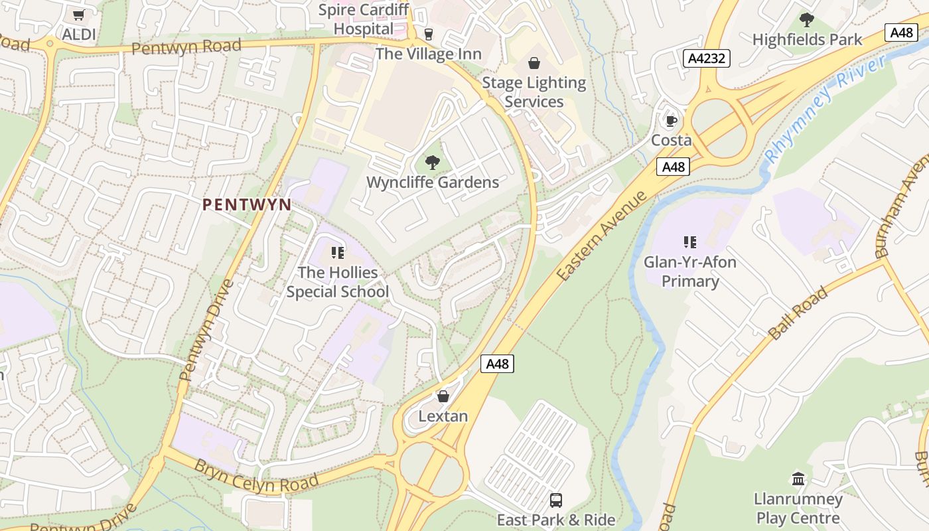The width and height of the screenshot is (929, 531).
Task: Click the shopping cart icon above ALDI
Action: click(79, 15)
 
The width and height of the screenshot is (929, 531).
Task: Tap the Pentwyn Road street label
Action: click(186, 47)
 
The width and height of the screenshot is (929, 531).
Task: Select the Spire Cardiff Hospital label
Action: click(364, 19)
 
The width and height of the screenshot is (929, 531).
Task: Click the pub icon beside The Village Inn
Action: click(429, 35)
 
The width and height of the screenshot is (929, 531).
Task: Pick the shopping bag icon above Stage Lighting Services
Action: click(534, 63)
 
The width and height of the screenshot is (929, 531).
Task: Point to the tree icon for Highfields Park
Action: click(807, 20)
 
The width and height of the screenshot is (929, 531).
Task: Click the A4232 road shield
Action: click(707, 58)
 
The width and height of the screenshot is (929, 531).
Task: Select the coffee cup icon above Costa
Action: click(671, 121)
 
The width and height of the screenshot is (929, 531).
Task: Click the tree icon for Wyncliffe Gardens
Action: click(432, 163)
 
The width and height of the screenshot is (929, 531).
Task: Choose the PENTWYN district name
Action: click(247, 204)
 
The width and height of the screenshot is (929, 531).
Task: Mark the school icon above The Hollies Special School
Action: click(337, 253)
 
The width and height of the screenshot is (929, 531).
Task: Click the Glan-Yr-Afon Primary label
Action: click(690, 271)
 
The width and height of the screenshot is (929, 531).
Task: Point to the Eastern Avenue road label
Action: click(602, 236)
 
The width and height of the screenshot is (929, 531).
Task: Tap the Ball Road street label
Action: click(799, 313)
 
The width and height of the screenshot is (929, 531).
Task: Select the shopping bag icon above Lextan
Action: click(443, 396)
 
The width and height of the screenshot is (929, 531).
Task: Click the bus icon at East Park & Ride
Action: click(556, 500)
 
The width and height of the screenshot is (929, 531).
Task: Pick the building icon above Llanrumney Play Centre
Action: click(798, 479)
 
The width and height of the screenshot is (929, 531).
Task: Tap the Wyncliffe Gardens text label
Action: click(432, 183)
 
